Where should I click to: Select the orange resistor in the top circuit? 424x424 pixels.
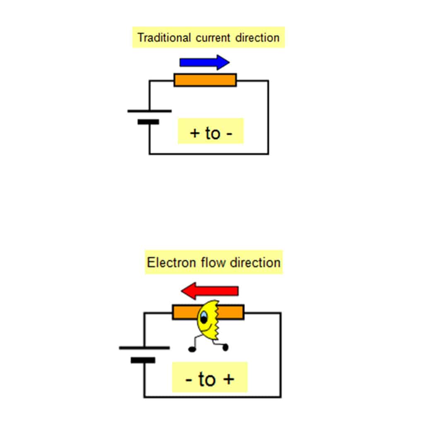tap(205, 80)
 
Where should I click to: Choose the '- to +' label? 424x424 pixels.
tap(210, 379)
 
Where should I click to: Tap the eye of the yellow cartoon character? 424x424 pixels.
tap(204, 318)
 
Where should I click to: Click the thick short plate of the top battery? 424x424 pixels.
tap(148, 122)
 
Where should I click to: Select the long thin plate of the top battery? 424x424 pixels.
tap(149, 111)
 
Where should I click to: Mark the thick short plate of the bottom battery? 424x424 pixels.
tap(143, 360)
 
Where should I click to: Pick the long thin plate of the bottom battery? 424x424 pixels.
tap(144, 348)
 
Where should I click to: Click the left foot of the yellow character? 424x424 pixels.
tap(191, 349)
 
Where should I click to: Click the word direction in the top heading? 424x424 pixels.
tap(258, 38)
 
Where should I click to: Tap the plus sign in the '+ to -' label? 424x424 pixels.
tap(195, 134)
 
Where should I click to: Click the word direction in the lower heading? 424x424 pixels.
tap(255, 263)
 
